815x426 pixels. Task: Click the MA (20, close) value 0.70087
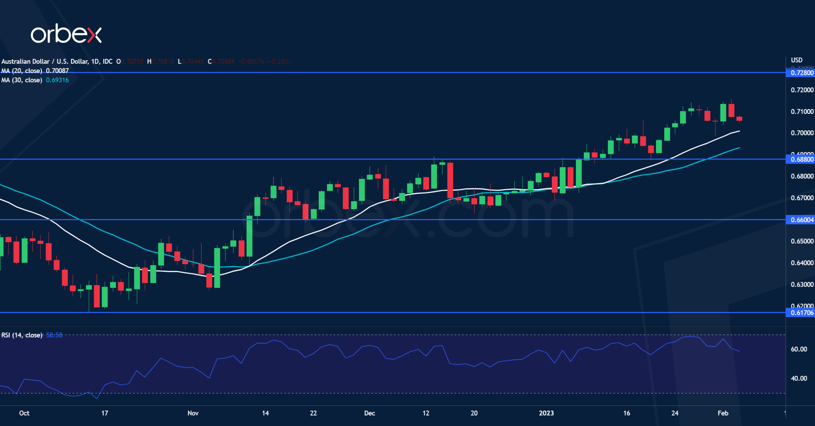click(x=57, y=71)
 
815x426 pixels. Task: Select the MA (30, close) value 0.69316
click(x=57, y=80)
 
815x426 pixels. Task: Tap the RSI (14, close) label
click(x=22, y=335)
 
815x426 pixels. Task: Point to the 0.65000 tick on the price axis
click(x=802, y=241)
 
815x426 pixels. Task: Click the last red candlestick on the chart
click(x=739, y=119)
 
